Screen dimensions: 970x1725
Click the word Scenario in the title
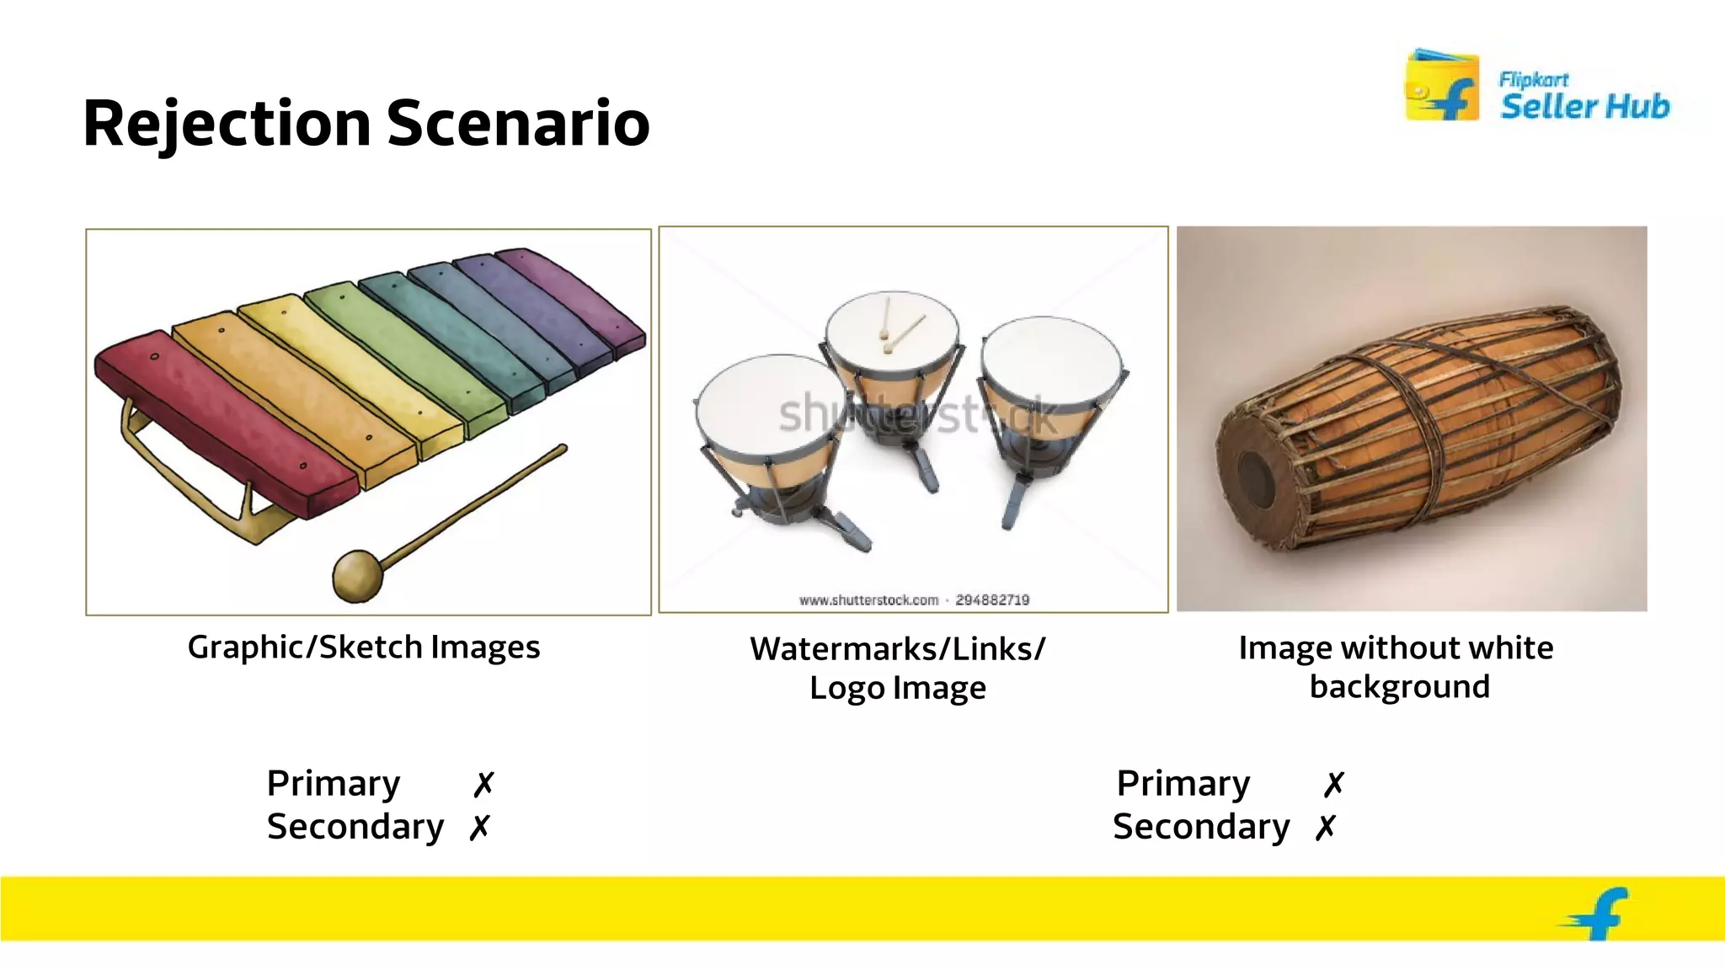(x=517, y=124)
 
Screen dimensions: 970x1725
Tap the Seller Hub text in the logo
(x=1584, y=107)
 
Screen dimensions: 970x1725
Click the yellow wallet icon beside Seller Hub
(x=1441, y=86)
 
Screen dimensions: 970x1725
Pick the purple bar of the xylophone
(x=573, y=295)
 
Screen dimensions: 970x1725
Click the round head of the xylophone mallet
(x=357, y=576)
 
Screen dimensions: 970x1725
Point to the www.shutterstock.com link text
(x=868, y=600)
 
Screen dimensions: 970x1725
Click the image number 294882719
(x=992, y=600)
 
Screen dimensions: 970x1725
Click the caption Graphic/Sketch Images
(x=363, y=648)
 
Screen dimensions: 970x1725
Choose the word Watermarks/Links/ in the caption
(x=897, y=649)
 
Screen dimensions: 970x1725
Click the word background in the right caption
(x=1399, y=687)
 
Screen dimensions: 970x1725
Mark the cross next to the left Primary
(x=483, y=784)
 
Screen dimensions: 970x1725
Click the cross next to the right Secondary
(x=1326, y=828)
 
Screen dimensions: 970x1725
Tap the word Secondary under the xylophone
(x=355, y=827)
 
